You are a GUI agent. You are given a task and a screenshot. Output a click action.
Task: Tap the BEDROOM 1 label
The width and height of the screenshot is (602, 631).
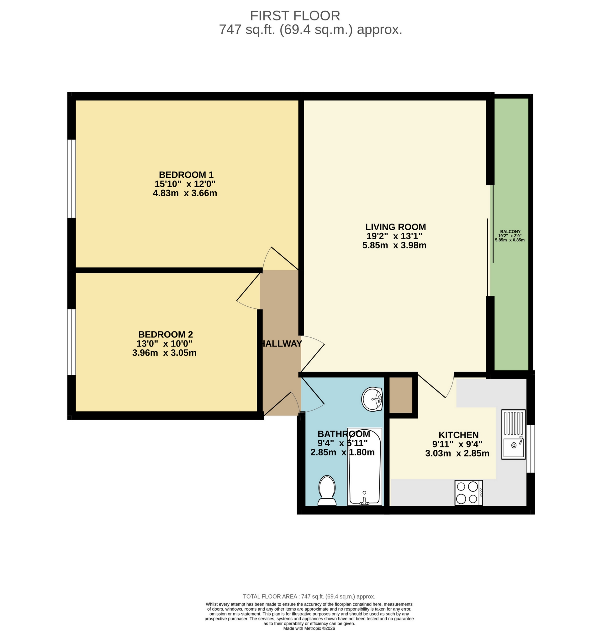coord(186,175)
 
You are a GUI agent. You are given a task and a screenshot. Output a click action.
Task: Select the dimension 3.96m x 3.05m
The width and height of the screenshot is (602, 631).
coord(164,353)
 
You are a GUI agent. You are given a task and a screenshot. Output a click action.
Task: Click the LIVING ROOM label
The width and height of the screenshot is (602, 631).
coord(395,227)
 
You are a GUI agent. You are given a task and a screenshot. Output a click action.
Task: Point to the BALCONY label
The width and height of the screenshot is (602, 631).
coord(510,231)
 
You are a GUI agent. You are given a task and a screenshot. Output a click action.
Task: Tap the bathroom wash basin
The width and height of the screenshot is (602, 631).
coord(372,399)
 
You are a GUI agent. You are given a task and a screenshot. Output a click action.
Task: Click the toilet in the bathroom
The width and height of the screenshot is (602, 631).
coord(327,490)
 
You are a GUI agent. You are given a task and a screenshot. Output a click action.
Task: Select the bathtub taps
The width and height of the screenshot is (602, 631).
coord(364,501)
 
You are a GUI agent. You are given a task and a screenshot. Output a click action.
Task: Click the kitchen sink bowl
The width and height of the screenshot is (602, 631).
coord(513,446)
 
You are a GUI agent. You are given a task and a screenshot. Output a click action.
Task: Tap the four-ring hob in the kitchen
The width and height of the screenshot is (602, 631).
coord(468,493)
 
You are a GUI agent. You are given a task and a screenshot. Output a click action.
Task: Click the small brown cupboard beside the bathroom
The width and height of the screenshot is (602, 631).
coord(400,395)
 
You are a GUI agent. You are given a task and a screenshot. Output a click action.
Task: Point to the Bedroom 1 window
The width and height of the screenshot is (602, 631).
coord(71,179)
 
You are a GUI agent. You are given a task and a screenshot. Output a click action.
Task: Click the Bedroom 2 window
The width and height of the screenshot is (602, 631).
coord(71,342)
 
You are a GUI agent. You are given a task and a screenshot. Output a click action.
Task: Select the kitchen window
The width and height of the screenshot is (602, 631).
coord(531,449)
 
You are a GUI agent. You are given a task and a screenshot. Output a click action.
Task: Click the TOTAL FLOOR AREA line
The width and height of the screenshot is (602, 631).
coord(309,597)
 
